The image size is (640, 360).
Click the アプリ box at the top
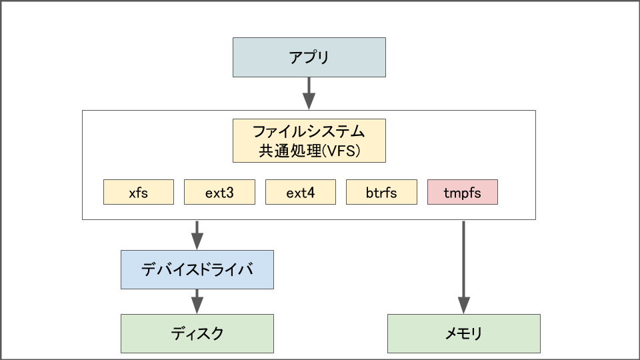click(309, 57)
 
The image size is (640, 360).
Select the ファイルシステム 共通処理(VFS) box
click(309, 141)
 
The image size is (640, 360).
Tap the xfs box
click(139, 193)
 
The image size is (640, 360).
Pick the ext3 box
click(219, 193)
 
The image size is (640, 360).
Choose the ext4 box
click(301, 193)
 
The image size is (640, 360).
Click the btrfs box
click(381, 193)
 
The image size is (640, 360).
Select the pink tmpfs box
click(462, 193)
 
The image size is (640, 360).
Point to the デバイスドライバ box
click(197, 269)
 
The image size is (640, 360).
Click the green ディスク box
click(197, 333)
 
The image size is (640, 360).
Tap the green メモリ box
click(463, 333)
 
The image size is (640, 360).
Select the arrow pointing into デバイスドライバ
click(197, 235)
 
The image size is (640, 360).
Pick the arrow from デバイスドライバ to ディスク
click(197, 301)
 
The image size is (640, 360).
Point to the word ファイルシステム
click(309, 130)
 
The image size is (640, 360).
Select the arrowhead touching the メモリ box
click(463, 306)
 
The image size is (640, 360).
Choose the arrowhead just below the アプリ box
click(309, 101)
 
